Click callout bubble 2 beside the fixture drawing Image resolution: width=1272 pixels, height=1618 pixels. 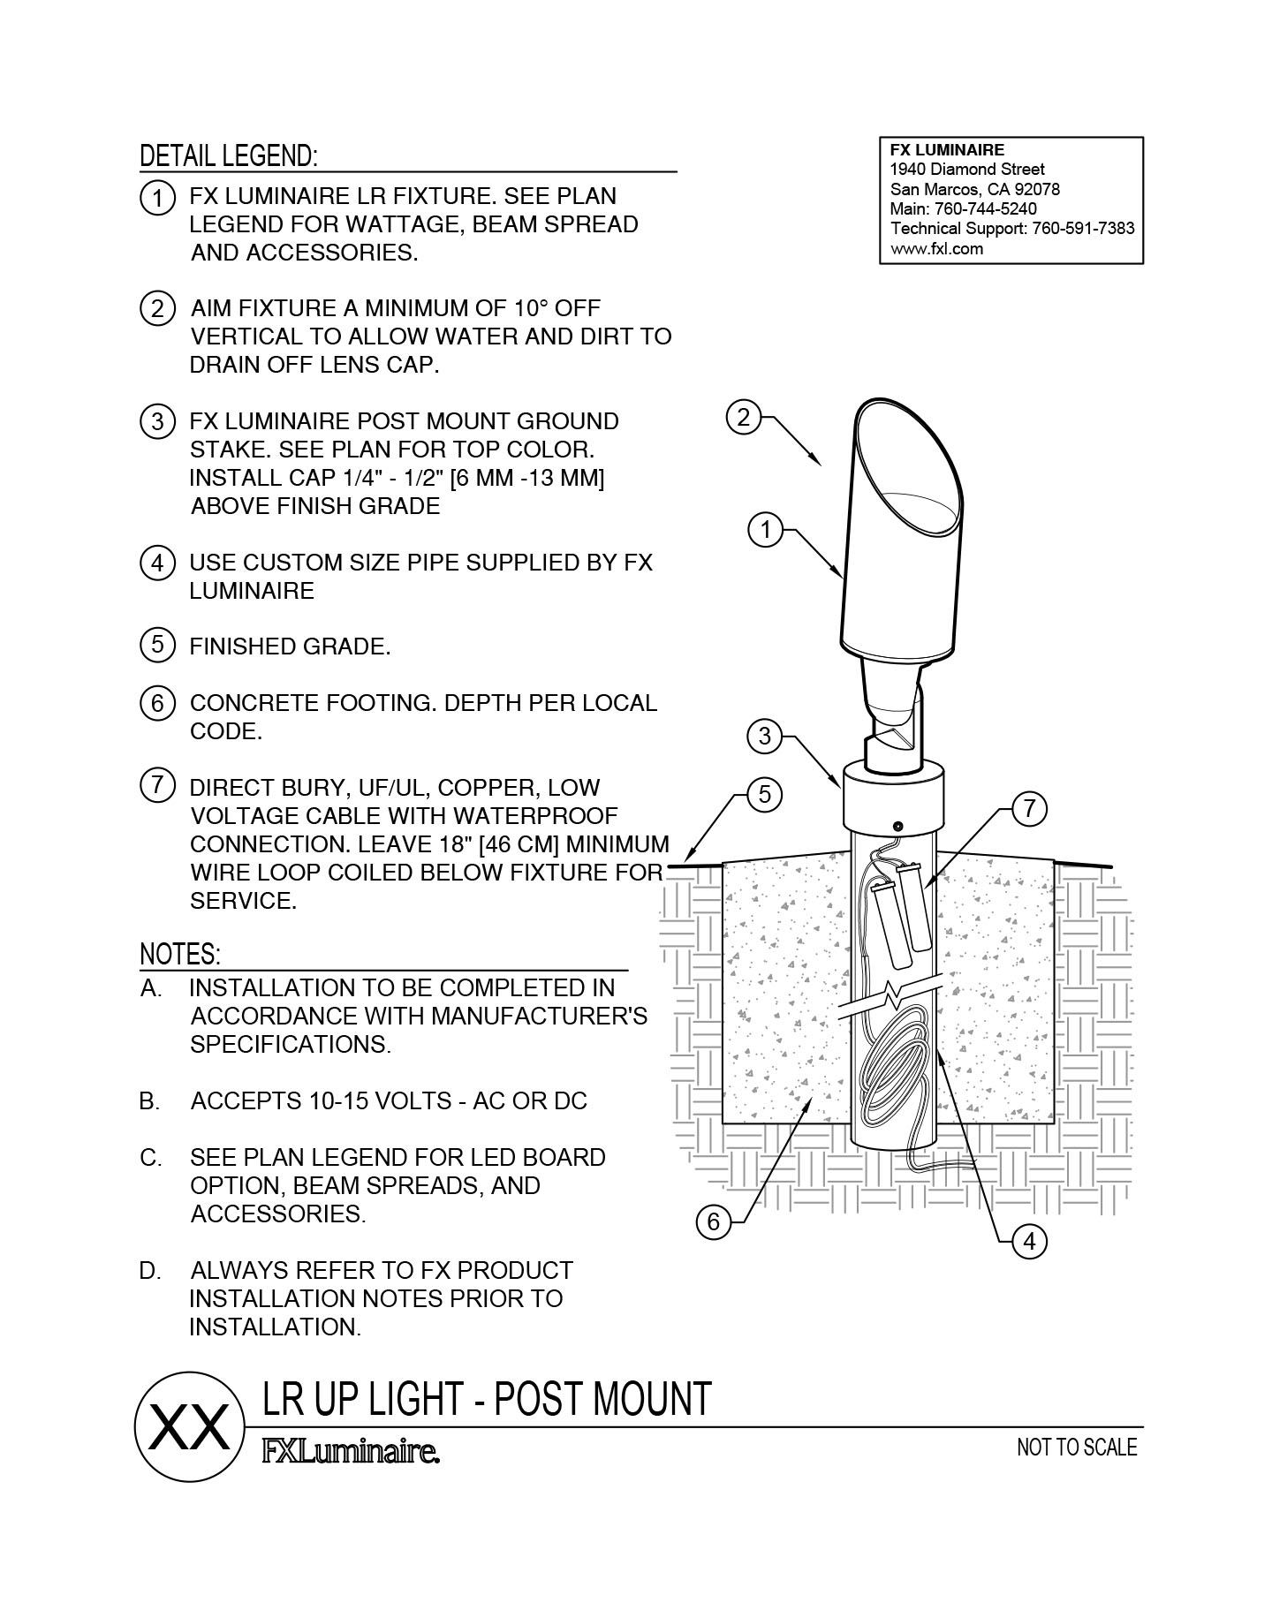pyautogui.click(x=744, y=416)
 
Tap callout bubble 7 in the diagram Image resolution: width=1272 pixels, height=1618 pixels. pyautogui.click(x=1029, y=809)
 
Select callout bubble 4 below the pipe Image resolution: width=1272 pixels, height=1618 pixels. pyautogui.click(x=1029, y=1242)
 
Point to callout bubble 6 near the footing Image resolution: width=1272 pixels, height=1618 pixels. pyautogui.click(x=714, y=1222)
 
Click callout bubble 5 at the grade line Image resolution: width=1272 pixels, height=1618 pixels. pyautogui.click(x=765, y=795)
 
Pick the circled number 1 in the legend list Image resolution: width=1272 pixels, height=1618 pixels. pyautogui.click(x=157, y=198)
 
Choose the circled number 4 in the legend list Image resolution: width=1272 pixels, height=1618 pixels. pyautogui.click(x=157, y=563)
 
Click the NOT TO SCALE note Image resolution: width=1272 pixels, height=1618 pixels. pyautogui.click(x=1077, y=1448)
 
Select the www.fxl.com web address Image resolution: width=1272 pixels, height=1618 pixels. pyautogui.click(x=936, y=249)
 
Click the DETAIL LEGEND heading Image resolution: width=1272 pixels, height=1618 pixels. pyautogui.click(x=229, y=156)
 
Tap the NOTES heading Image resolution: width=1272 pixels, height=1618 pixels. pyautogui.click(x=180, y=955)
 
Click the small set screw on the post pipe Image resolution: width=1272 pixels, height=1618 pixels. pyautogui.click(x=897, y=825)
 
